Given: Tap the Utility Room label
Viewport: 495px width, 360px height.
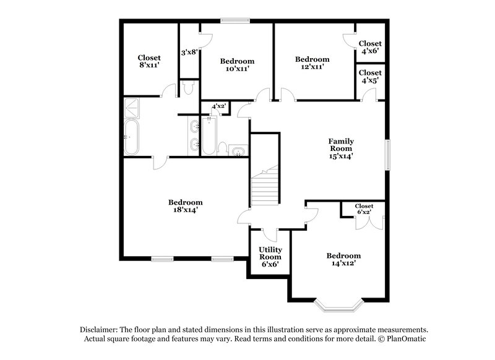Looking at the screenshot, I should point(270,257).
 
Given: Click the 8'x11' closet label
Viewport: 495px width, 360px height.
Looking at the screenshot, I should point(149,62).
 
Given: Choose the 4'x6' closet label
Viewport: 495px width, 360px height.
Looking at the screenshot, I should point(370,48).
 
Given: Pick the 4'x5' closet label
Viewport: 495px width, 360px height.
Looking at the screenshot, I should point(370,76).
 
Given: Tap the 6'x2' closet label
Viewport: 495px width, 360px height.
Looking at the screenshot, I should point(364,210).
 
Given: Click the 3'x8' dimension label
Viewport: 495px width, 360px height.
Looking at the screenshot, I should point(189,53).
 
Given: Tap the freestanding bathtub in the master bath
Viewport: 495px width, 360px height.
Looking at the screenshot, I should point(131,137).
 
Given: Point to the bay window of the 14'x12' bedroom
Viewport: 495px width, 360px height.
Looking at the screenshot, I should point(338,304).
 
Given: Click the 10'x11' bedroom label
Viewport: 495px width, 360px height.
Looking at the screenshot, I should point(237,65).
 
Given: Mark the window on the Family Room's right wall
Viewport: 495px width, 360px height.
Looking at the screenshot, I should point(389,154).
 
